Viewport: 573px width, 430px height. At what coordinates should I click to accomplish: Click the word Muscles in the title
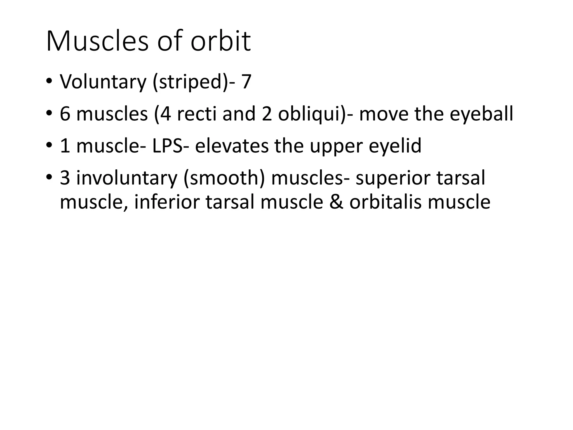point(97,41)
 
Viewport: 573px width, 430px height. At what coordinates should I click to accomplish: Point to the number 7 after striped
point(246,82)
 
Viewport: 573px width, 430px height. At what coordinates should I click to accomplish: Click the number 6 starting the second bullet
point(65,114)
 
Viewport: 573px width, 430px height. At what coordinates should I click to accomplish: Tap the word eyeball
point(481,114)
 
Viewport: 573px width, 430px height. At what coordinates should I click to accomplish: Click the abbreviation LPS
point(167,146)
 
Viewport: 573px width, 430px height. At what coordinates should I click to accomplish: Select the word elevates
point(232,146)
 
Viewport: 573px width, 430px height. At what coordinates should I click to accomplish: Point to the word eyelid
point(395,146)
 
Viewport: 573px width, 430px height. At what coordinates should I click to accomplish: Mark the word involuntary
point(127,178)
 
